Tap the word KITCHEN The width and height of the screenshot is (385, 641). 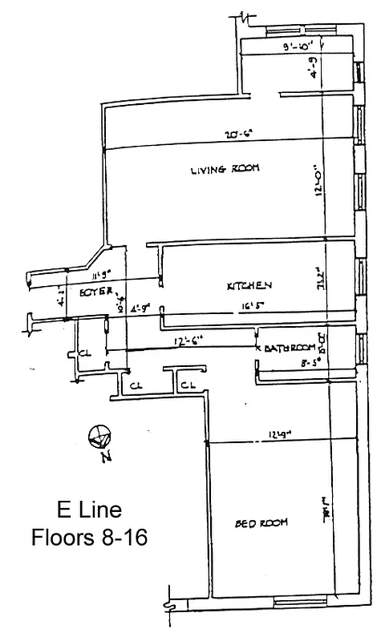[250, 285]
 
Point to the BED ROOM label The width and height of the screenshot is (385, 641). [261, 523]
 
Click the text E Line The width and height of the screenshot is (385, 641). [88, 510]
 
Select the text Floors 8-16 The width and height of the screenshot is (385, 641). [88, 536]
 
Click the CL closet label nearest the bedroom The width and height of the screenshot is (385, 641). [188, 386]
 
